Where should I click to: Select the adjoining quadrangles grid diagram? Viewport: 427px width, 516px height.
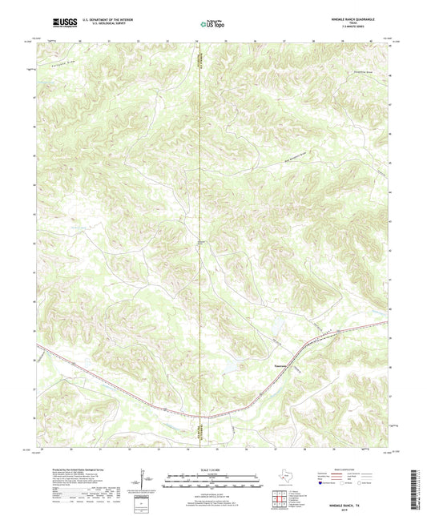[280, 502]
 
